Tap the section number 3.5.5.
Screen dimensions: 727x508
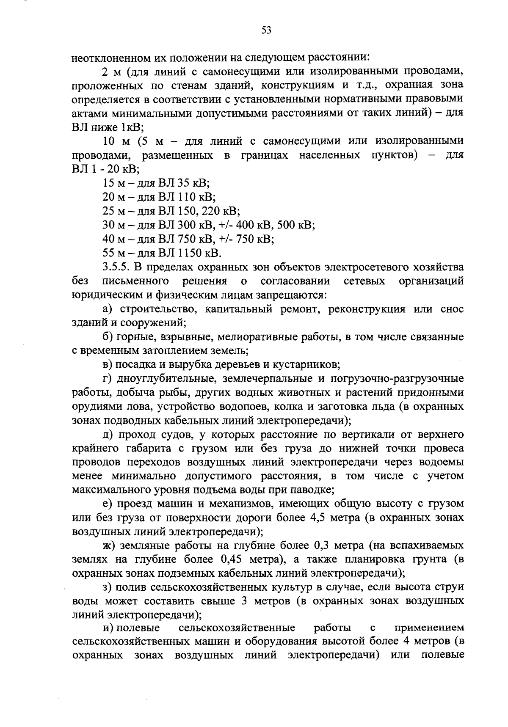click(x=116, y=267)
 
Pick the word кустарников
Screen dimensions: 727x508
click(x=310, y=364)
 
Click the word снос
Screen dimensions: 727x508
click(x=452, y=309)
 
